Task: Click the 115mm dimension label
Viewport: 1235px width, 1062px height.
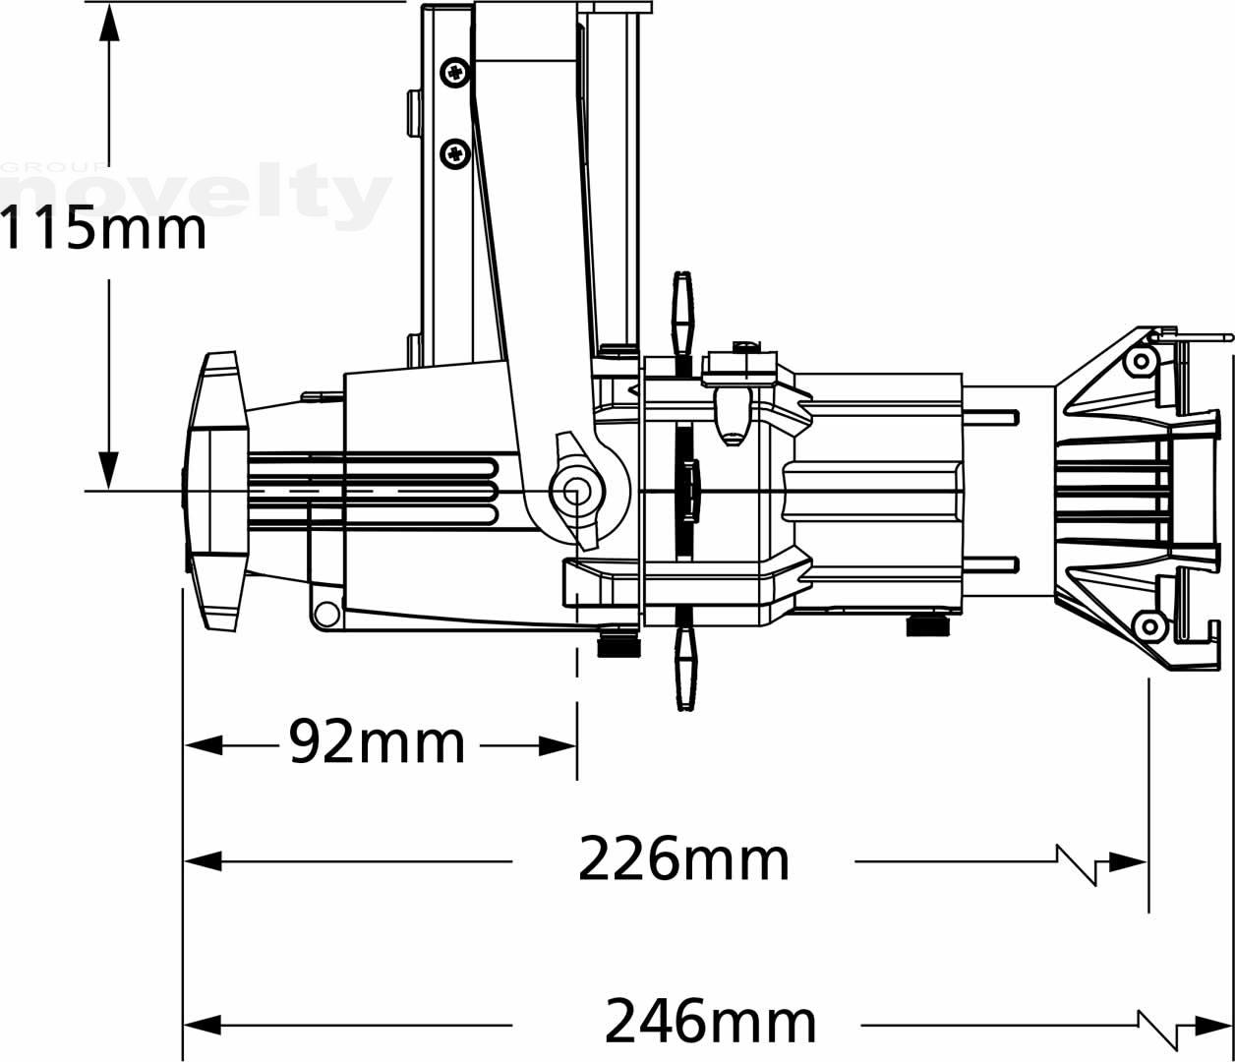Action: coord(103,228)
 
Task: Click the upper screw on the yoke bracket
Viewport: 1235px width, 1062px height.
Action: coord(454,74)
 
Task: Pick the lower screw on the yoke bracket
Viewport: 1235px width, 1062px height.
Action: coord(454,153)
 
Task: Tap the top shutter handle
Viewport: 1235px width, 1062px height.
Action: coord(683,316)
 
